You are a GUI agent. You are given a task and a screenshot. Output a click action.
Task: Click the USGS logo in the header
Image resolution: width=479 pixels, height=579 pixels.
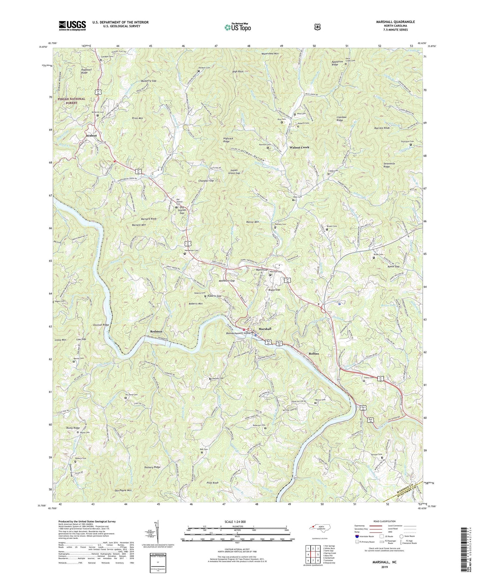coord(72,25)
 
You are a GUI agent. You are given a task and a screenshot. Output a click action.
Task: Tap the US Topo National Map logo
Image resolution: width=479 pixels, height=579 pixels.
coord(237,27)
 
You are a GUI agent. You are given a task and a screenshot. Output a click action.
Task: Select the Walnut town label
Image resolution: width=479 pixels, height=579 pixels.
coord(91,136)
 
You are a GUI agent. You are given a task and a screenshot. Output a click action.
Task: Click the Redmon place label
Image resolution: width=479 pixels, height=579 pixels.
coord(156,331)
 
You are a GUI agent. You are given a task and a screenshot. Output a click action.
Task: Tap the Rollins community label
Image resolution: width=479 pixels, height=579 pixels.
coord(314,354)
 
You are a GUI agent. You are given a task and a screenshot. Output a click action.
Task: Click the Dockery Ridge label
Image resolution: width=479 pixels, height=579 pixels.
coord(152,467)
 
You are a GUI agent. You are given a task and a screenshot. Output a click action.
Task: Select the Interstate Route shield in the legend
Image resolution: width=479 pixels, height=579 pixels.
coord(357,536)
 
